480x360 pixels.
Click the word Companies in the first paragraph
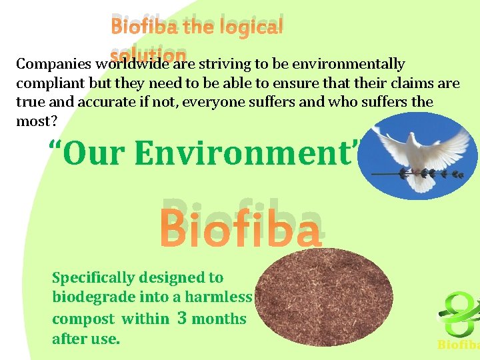[x=54, y=65]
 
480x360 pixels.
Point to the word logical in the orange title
[x=251, y=27]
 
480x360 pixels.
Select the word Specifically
[x=94, y=277]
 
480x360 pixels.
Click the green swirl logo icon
[x=460, y=314]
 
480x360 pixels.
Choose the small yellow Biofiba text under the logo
[x=458, y=345]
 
